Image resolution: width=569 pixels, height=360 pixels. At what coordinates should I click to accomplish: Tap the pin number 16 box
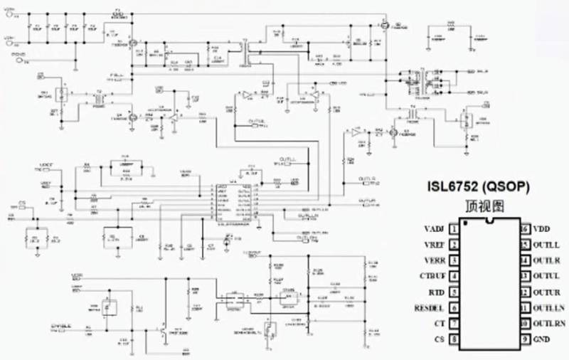(526, 230)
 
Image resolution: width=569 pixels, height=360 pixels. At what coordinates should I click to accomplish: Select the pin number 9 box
(526, 339)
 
